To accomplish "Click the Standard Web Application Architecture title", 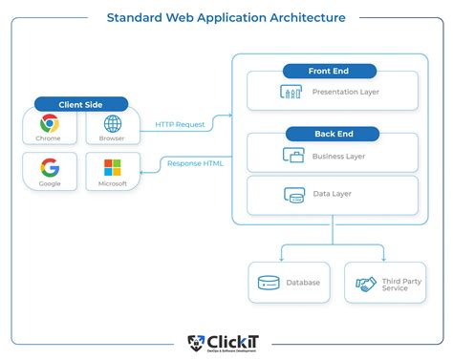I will click(x=226, y=17).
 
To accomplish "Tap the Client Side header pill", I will click(x=81, y=104).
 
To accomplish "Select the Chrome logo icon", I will click(x=50, y=123).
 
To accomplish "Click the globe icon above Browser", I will click(x=113, y=123).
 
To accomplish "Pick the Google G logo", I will click(x=50, y=167).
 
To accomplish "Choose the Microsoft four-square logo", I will click(x=113, y=167).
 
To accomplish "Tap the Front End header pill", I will click(x=330, y=71).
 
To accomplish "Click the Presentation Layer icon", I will click(x=291, y=93).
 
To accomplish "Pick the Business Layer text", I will click(x=338, y=156).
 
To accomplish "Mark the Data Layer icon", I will click(x=294, y=195).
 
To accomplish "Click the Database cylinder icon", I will click(x=268, y=283).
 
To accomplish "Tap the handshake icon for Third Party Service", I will click(x=366, y=284).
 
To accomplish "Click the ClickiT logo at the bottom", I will click(x=226, y=343).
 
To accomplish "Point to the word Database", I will click(x=302, y=284).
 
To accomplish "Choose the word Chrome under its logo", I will click(x=50, y=138).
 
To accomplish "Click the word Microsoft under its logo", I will click(x=113, y=183).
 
